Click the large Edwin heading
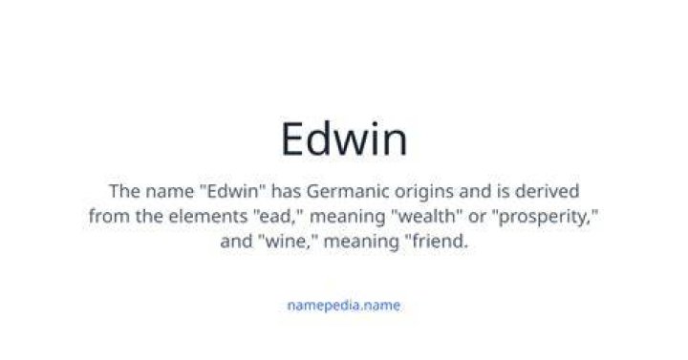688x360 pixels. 344,139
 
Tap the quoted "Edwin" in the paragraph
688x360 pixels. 232,191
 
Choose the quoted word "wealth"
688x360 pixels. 425,216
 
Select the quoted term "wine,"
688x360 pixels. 288,242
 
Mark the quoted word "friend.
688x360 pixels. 434,242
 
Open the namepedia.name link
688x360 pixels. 344,306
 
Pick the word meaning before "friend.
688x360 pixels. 361,243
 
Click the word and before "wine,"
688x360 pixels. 236,242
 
